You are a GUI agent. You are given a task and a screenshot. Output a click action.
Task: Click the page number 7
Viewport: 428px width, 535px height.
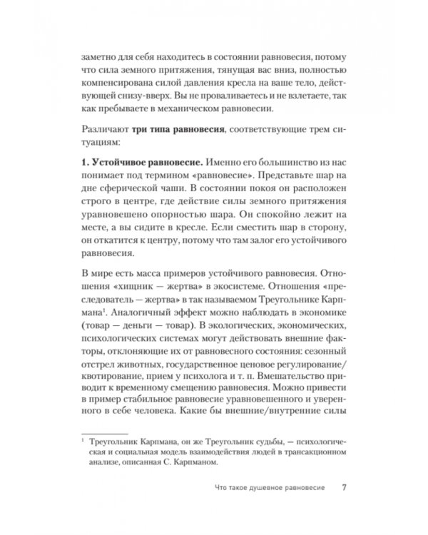(x=345, y=489)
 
